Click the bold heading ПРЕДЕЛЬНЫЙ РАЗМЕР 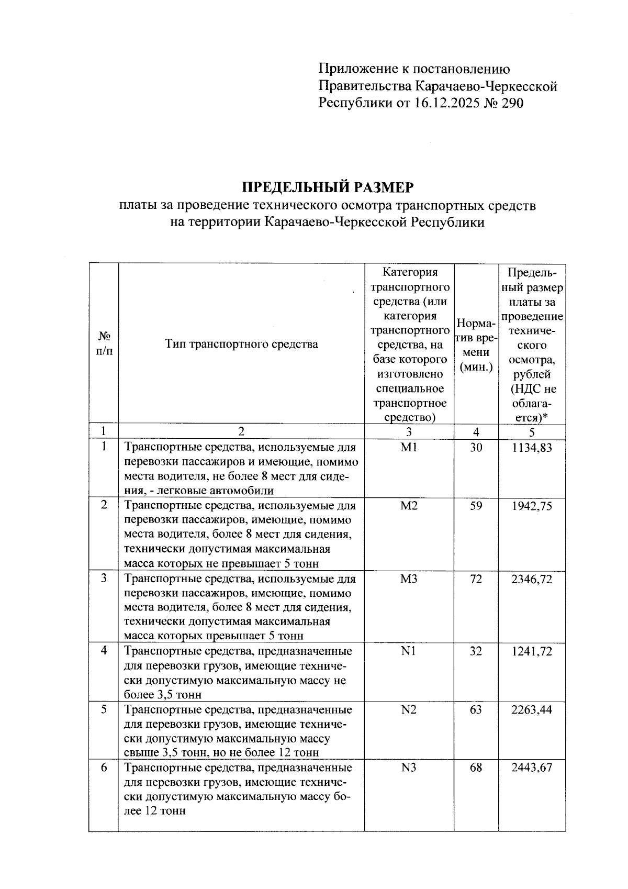coord(328,187)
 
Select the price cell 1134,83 coord(532,448)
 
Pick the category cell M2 coord(409,506)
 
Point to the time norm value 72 coord(475,579)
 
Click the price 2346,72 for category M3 coord(532,579)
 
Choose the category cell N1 coord(409,651)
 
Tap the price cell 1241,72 coord(532,651)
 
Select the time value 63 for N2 coord(475,710)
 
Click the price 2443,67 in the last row coord(532,768)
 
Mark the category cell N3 coord(409,768)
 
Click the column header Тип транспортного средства coord(241,344)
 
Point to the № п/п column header coord(104,343)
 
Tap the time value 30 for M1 coord(475,448)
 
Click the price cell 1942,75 coord(532,506)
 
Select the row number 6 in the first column coord(104,768)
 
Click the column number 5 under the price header coord(532,432)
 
